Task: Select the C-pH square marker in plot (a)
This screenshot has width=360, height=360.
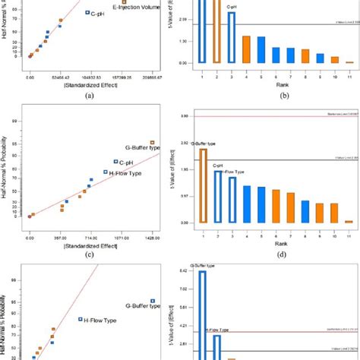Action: [x=87, y=12]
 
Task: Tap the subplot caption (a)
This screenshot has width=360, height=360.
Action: [x=90, y=96]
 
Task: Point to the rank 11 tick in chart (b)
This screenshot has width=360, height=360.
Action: [x=349, y=77]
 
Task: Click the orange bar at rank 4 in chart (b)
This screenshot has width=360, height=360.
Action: [x=246, y=49]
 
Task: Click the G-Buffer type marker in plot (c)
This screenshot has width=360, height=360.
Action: [x=152, y=142]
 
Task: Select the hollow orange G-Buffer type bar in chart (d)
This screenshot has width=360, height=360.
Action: [x=203, y=185]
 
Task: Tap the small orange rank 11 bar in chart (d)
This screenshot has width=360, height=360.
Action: [x=349, y=222]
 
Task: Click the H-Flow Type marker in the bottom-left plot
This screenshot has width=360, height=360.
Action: [x=80, y=319]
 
